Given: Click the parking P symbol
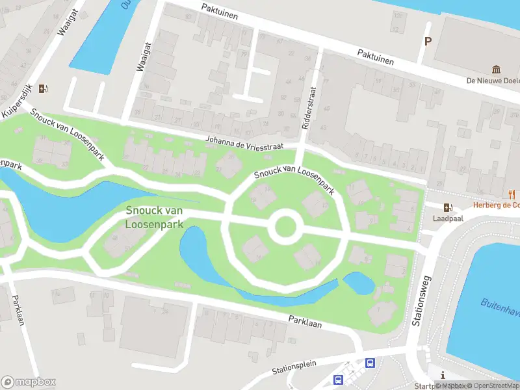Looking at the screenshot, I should [427, 41].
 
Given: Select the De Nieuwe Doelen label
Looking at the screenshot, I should [493, 81].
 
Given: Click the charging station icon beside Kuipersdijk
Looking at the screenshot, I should [43, 88].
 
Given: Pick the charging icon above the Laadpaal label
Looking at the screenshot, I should [447, 207].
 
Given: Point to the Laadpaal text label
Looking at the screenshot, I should [447, 219].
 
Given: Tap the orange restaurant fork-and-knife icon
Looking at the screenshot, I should [512, 194].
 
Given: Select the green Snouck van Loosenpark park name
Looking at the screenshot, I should [154, 217].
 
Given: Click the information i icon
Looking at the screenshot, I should [442, 375].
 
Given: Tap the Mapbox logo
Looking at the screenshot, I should [29, 382].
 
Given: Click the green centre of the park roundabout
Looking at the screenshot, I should [285, 227].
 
